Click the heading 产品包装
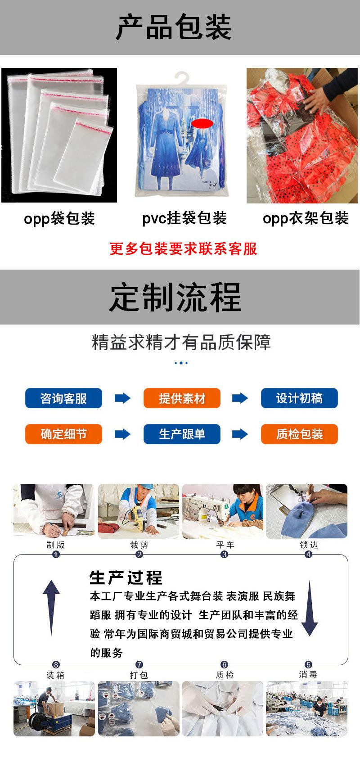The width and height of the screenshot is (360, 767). [x=174, y=27]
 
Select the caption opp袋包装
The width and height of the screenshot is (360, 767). [x=59, y=219]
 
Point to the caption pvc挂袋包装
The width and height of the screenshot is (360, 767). [x=184, y=218]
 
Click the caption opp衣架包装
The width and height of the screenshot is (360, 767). [x=306, y=218]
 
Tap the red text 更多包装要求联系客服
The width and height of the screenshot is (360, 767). [x=184, y=248]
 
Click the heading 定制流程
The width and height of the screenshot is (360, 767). [x=175, y=298]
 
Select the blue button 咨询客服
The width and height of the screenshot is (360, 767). [x=63, y=398]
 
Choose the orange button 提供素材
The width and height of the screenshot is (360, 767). [x=182, y=398]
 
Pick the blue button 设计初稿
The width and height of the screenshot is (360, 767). [x=299, y=398]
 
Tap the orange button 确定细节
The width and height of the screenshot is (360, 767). [x=63, y=434]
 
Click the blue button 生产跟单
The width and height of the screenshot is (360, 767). [x=182, y=434]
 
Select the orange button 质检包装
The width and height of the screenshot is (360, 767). [x=299, y=434]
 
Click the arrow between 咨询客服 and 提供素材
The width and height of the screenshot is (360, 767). [x=122, y=398]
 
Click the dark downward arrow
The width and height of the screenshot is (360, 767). [x=309, y=608]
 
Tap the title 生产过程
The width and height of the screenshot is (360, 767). [x=126, y=578]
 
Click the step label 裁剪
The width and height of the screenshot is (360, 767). [x=139, y=545]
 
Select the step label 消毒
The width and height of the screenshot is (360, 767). [x=308, y=675]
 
